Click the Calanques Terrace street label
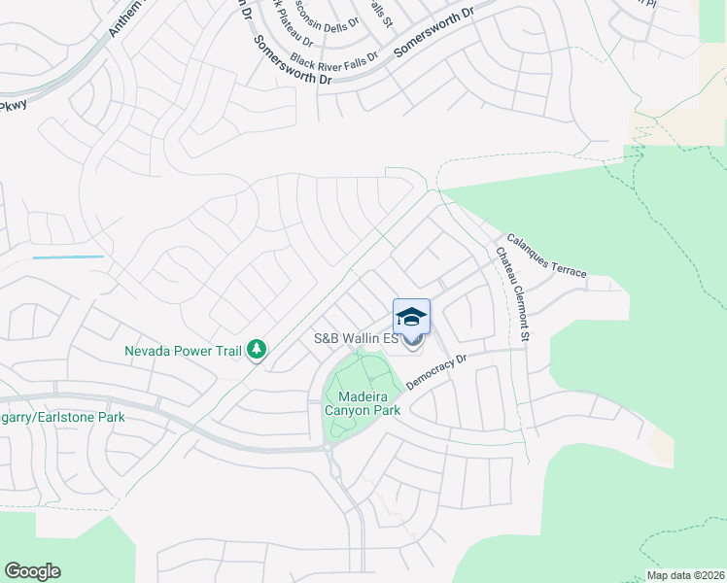click(x=546, y=256)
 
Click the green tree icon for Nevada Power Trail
click(x=257, y=349)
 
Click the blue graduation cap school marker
click(x=411, y=318)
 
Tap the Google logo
click(x=32, y=571)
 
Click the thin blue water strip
click(x=68, y=257)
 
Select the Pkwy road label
click(x=14, y=105)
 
